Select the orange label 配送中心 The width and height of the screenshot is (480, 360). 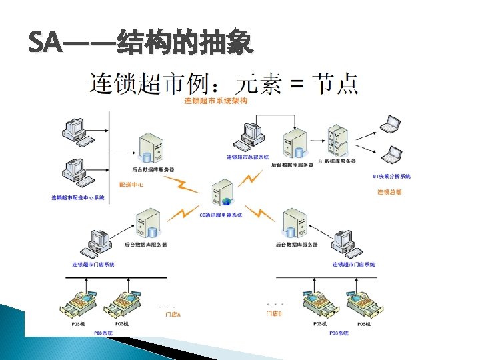131,184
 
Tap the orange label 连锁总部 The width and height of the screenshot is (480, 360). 390,192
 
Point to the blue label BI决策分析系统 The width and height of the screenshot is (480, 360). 392,177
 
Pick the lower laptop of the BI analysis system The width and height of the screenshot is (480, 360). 391,153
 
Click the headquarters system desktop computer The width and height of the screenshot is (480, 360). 252,137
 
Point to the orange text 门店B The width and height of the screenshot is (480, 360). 274,313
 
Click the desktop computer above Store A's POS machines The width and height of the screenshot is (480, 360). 97,243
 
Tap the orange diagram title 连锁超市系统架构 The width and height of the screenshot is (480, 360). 216,101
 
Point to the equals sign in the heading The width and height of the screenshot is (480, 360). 298,85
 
